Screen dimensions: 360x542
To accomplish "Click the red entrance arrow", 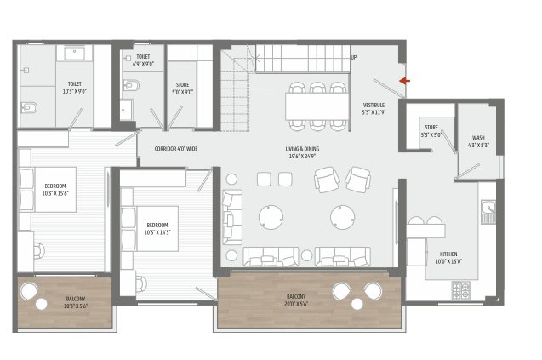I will [x=405, y=82].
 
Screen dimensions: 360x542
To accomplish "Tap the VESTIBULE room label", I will [x=374, y=107].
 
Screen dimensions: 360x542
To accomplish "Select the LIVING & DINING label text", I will [x=300, y=152].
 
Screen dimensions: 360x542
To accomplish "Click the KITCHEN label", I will [x=449, y=258].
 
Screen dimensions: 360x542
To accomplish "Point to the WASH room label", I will [x=478, y=140].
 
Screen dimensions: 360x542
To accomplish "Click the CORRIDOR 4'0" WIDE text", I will [x=176, y=147].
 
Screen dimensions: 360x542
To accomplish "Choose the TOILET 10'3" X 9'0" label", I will [x=74, y=87].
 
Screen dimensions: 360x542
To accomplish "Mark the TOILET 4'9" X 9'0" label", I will [x=143, y=60].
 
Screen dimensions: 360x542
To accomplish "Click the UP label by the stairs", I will [x=353, y=58].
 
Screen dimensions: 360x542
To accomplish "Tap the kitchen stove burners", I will [x=460, y=290].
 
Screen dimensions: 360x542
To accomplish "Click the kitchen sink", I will [x=488, y=210].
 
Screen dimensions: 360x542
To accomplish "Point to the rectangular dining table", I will [x=317, y=106].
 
